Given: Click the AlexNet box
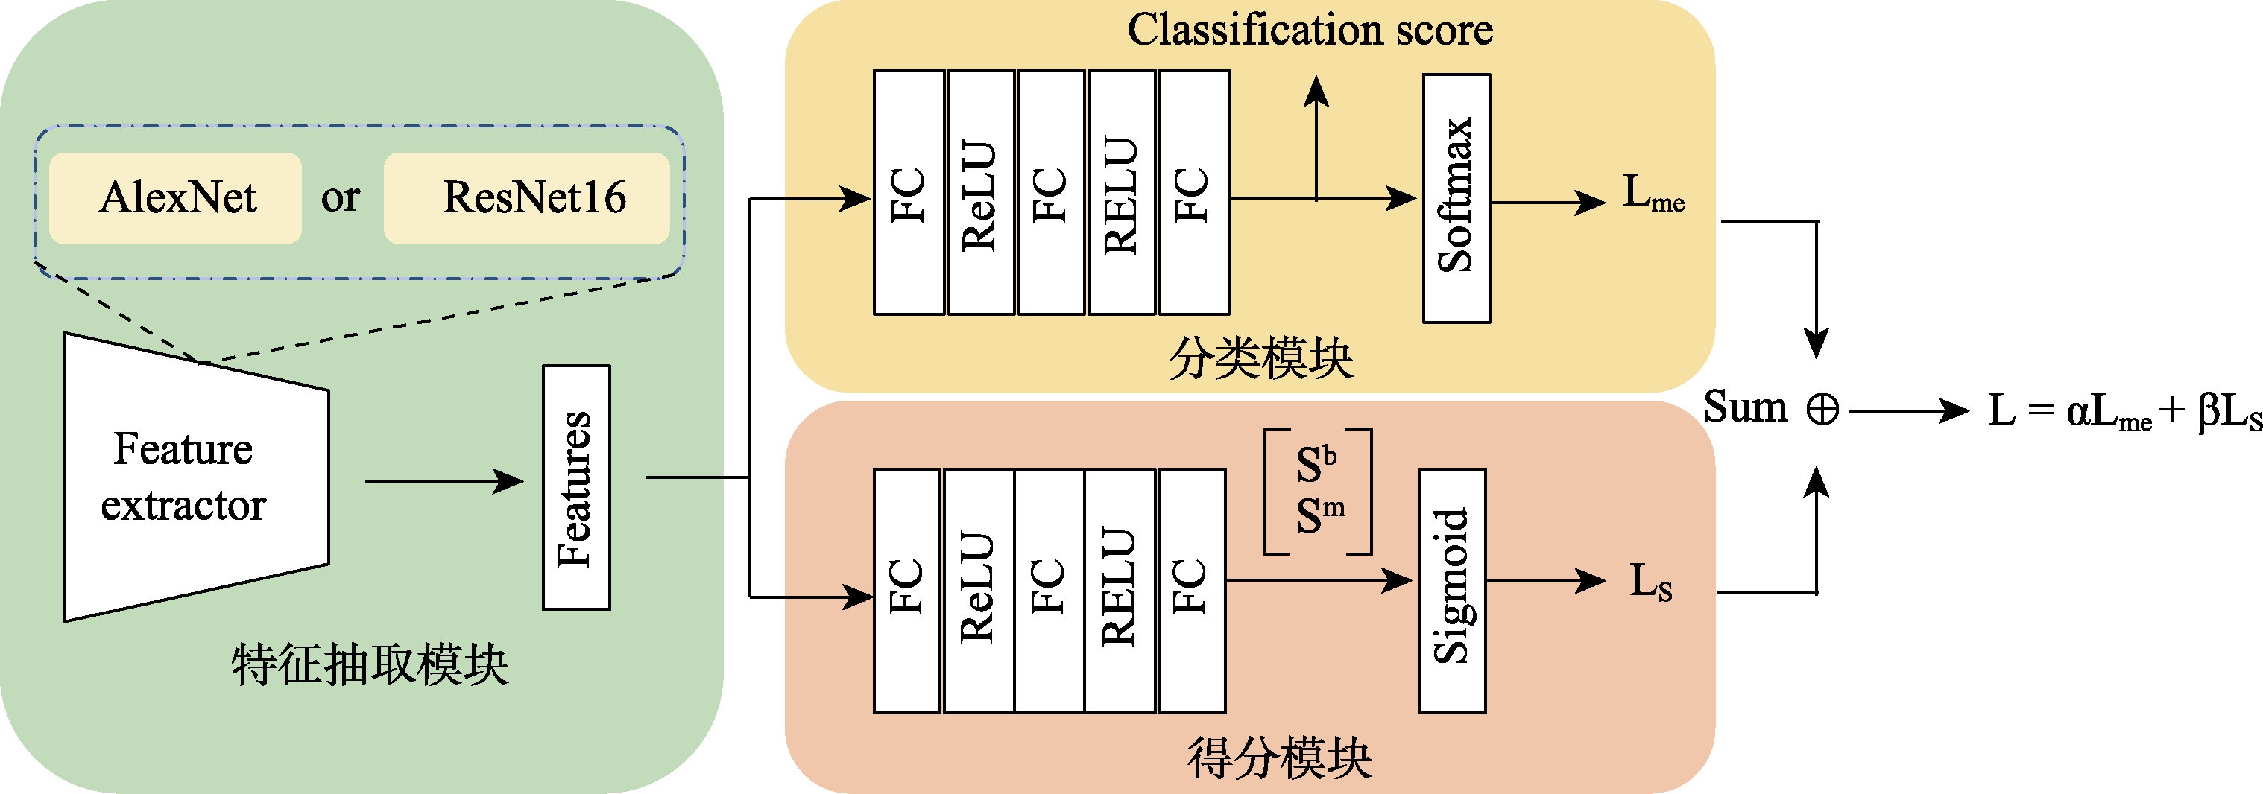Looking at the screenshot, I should pos(176,197).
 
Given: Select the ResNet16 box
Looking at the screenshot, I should pos(527,197).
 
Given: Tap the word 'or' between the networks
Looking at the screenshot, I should pos(340,197).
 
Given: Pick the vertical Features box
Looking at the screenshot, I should pos(576,487).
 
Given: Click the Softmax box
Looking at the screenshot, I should pos(1456,197).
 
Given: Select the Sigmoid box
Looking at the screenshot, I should pos(1452,590).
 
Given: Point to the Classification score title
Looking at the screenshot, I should pos(1310,30).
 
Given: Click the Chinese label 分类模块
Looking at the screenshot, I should pos(1260,358).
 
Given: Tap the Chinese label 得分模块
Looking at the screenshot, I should pos(1279,757).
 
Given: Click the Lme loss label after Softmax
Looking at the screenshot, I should pos(1653,193).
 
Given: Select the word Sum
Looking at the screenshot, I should pos(1746,407).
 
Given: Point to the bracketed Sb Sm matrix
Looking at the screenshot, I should pos(1318,491).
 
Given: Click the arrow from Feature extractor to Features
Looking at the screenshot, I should pos(444,481).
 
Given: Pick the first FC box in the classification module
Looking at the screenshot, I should pos(909,192).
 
